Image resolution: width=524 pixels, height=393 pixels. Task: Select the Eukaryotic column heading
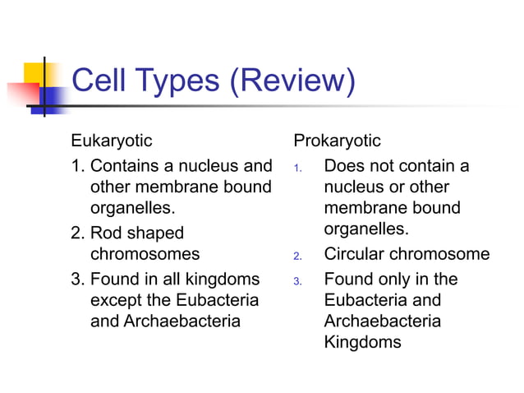(111, 141)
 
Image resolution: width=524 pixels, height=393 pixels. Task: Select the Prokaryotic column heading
(337, 141)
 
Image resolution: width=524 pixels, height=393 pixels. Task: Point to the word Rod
(106, 233)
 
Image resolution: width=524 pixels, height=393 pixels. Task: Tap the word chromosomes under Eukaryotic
(145, 255)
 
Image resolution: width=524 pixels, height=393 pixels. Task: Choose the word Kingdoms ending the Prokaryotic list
(363, 343)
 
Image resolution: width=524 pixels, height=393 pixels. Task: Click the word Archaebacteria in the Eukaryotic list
(182, 321)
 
